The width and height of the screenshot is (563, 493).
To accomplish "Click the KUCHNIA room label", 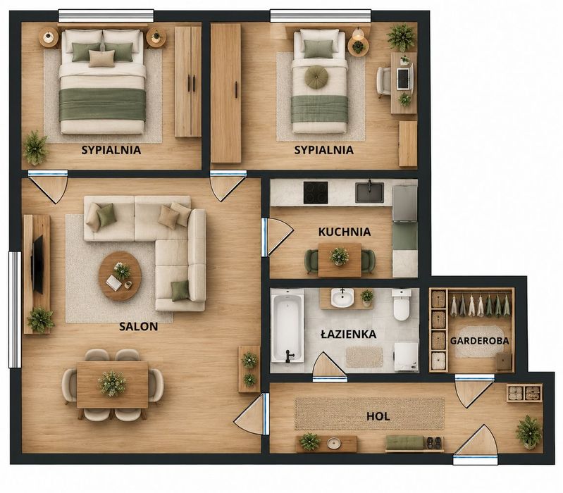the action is pyautogui.click(x=345, y=232).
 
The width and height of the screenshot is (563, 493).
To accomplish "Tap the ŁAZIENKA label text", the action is pyautogui.click(x=348, y=334).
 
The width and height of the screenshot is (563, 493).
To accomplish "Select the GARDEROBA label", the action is pyautogui.click(x=479, y=341).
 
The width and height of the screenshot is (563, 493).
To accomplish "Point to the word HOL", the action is pyautogui.click(x=378, y=416).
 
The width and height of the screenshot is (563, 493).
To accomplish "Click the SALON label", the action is pyautogui.click(x=139, y=327).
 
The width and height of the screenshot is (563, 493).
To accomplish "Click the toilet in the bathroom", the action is pyautogui.click(x=401, y=304).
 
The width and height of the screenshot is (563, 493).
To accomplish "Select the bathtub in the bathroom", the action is pyautogui.click(x=287, y=326).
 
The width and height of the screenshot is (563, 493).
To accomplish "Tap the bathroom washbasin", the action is pyautogui.click(x=342, y=298).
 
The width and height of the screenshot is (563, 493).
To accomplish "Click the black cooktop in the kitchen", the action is pyautogui.click(x=316, y=193).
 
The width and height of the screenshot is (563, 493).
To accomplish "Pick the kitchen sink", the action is pyautogui.click(x=369, y=192).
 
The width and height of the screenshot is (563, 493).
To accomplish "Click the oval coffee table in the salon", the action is pyautogui.click(x=120, y=276).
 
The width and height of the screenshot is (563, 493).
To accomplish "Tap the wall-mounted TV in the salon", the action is pyautogui.click(x=37, y=264).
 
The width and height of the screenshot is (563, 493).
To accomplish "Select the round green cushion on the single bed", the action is pyautogui.click(x=316, y=77).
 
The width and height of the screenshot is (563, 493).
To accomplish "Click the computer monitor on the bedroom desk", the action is pyautogui.click(x=404, y=78).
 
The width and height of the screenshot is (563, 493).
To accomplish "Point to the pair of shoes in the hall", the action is pyautogui.click(x=434, y=443).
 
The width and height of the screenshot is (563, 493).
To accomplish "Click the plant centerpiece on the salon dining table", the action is pyautogui.click(x=112, y=383).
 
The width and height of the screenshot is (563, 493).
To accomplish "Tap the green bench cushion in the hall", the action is pyautogui.click(x=404, y=442).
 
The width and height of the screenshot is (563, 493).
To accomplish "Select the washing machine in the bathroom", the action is pyautogui.click(x=407, y=356).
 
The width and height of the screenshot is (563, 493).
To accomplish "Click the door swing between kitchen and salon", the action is pyautogui.click(x=278, y=237).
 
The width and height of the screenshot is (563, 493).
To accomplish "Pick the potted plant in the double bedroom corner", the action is pyautogui.click(x=35, y=148).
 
